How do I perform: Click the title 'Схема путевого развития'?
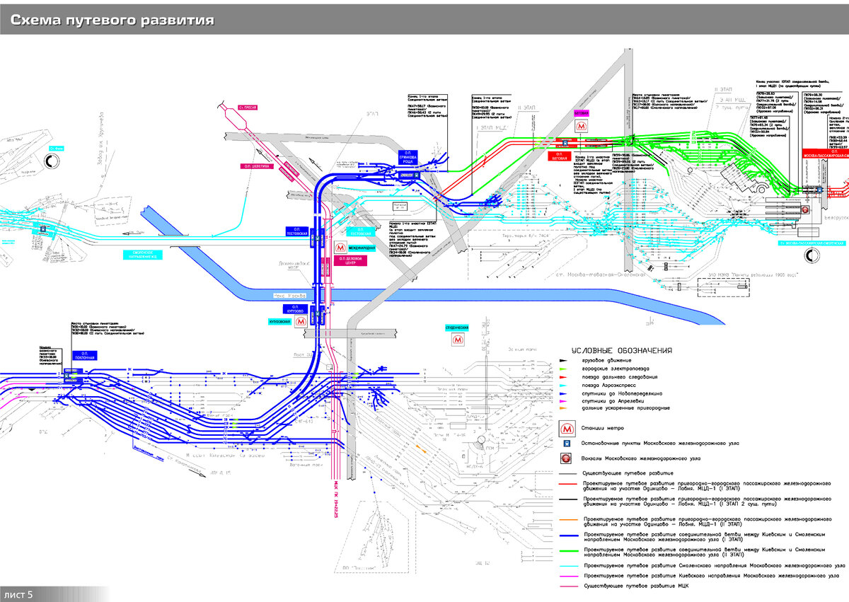(x=112, y=20)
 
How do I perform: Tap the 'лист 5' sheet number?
(x=20, y=594)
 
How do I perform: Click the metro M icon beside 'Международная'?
(x=341, y=248)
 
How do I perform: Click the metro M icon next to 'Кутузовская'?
(x=301, y=320)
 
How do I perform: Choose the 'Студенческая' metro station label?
(x=457, y=328)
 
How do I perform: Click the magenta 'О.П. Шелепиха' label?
(x=253, y=167)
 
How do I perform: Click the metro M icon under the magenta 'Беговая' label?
(x=581, y=125)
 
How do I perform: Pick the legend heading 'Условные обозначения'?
(x=622, y=350)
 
